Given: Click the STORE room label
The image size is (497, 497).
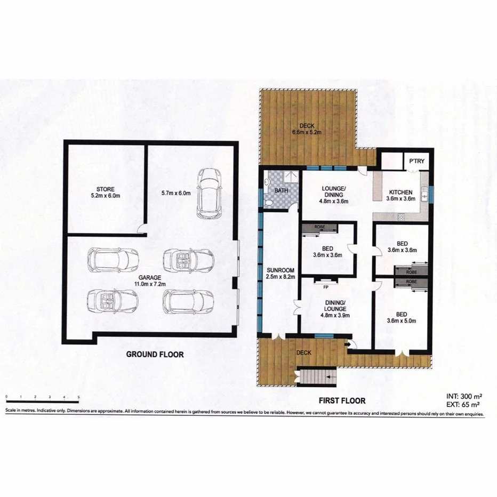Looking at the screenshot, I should point(102,192).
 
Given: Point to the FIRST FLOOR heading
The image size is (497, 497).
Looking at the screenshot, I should point(342,400).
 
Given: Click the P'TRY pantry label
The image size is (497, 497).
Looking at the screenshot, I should point(416,161).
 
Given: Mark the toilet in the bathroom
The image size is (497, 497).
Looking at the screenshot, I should point(269,203).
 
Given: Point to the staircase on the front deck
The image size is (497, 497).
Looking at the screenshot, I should point(316,377).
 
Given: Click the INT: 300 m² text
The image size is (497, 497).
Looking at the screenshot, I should point(464,397).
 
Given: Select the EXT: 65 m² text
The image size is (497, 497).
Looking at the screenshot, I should point(464,405).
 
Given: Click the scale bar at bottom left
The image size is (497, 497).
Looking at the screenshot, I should point(42,397).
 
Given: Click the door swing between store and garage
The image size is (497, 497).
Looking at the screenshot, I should point(141,230).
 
